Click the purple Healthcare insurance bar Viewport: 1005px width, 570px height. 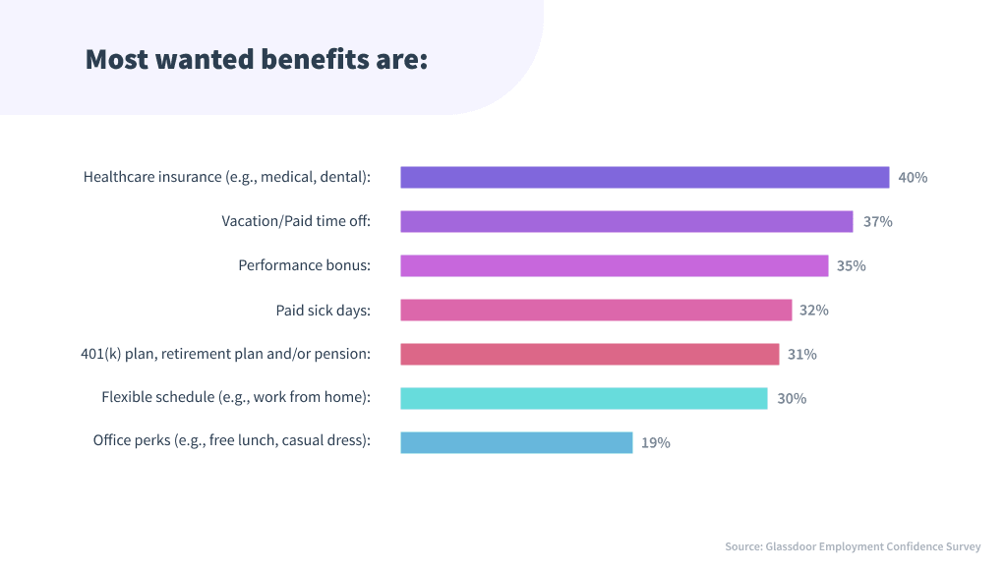pos(644,177)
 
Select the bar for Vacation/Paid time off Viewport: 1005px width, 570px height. pos(626,221)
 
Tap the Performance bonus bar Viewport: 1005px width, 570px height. pos(614,265)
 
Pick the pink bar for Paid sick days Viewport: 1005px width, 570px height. pos(596,310)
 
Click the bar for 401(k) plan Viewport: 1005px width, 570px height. pos(589,354)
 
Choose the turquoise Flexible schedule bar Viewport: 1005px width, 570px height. pos(583,398)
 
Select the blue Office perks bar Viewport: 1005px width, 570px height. pos(516,442)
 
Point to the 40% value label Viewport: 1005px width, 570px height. pos(913,178)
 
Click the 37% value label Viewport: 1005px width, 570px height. pos(877,222)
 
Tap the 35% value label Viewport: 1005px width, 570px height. pos(851,266)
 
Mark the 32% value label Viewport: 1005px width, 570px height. pos(813,311)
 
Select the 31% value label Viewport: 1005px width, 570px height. pos(801,355)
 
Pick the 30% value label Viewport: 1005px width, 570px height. pos(792,399)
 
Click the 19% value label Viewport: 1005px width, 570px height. pos(656,443)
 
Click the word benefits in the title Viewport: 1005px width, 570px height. pos(315,59)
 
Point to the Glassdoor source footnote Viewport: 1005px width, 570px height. pos(853,546)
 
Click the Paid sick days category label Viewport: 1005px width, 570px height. pos(323,311)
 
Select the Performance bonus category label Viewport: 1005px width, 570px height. pos(304,266)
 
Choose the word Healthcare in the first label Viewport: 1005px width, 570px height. pos(118,178)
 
